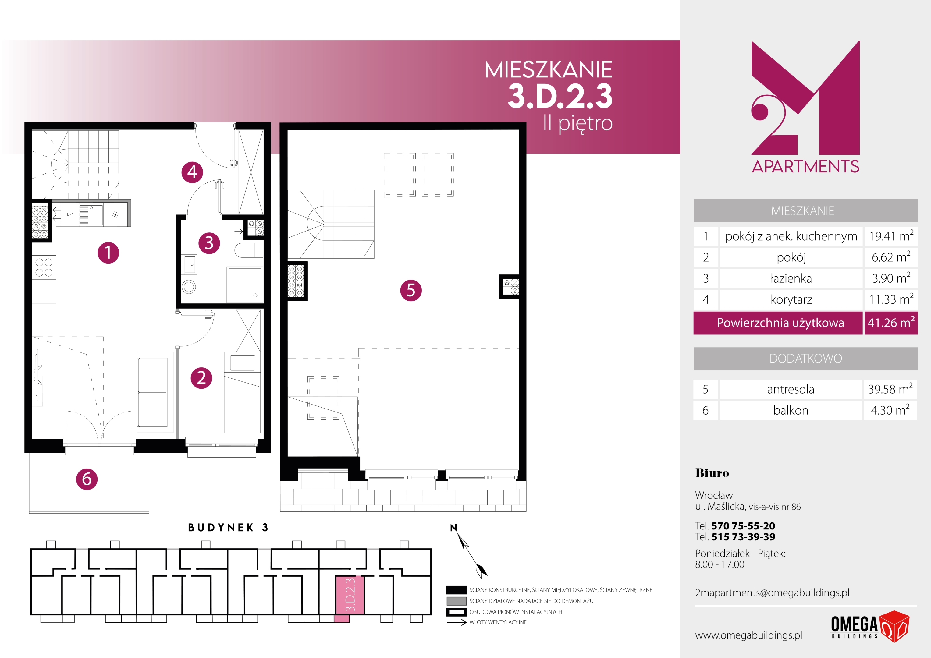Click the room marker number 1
pyautogui.click(x=108, y=253)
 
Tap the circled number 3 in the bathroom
pyautogui.click(x=209, y=243)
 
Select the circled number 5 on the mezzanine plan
pyautogui.click(x=411, y=290)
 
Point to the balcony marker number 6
pyautogui.click(x=87, y=479)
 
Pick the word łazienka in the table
pyautogui.click(x=791, y=278)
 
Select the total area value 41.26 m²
pyautogui.click(x=891, y=323)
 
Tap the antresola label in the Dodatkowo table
pyautogui.click(x=791, y=389)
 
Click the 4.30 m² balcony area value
pyautogui.click(x=890, y=410)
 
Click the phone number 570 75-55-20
pyautogui.click(x=743, y=526)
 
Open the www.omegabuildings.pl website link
pyautogui.click(x=748, y=635)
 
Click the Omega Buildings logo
pyautogui.click(x=870, y=626)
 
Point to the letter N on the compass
pyautogui.click(x=453, y=527)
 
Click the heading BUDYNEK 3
pyautogui.click(x=228, y=527)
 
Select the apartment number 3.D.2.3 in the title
pyautogui.click(x=560, y=96)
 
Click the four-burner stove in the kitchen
pyautogui.click(x=44, y=267)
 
